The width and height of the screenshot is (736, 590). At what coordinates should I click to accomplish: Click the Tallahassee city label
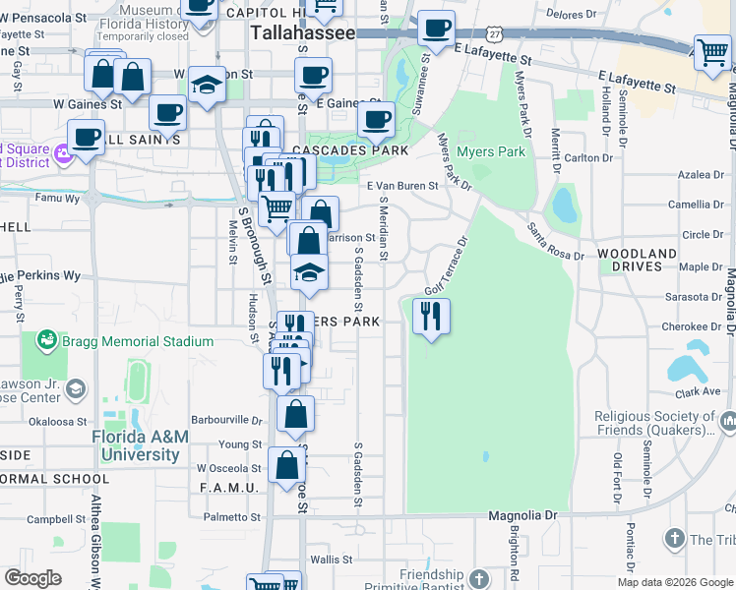(x=302, y=32)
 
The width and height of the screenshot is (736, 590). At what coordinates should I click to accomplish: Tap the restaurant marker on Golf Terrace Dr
(x=431, y=317)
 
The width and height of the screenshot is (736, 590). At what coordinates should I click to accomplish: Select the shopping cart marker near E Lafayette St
(x=712, y=53)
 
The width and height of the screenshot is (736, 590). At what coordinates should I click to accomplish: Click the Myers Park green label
(x=491, y=151)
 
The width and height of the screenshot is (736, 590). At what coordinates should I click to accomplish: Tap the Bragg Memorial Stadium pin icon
(x=45, y=341)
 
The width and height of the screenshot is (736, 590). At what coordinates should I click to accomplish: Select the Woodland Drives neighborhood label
(x=638, y=260)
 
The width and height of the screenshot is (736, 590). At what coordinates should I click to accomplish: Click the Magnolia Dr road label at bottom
(x=523, y=515)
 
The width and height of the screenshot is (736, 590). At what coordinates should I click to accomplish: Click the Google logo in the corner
(x=32, y=578)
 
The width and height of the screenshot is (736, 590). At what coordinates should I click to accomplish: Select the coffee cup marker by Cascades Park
(x=376, y=120)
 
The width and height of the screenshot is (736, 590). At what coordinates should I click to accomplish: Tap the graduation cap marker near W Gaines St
(x=208, y=86)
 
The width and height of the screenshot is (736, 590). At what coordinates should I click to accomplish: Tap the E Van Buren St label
(x=401, y=185)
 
